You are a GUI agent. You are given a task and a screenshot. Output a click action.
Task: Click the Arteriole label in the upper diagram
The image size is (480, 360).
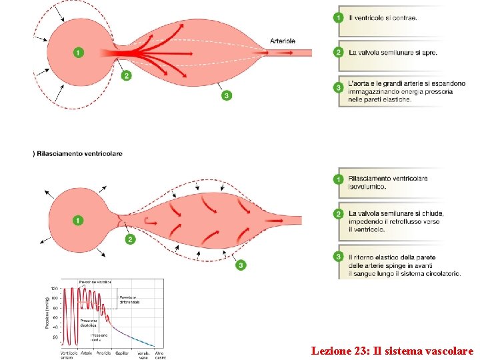(282, 41)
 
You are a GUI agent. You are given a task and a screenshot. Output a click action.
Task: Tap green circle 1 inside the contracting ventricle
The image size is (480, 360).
(79, 52)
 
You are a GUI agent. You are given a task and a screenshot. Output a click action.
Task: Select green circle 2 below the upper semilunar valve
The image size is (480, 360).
(126, 76)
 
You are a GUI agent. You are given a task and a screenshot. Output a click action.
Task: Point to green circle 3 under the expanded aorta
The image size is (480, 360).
(227, 95)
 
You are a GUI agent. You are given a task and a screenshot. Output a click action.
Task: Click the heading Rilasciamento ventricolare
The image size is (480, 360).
(79, 154)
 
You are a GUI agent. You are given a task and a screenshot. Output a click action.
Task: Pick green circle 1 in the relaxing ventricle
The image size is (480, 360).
(79, 220)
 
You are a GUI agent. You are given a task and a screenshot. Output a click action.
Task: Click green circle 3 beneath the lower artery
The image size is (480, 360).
(241, 265)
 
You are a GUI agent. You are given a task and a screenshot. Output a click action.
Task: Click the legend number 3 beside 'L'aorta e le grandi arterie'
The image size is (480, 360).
(339, 86)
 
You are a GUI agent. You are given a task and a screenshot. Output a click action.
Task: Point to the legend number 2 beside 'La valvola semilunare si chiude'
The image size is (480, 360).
(339, 213)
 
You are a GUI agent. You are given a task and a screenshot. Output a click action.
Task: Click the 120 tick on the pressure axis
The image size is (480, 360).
(54, 289)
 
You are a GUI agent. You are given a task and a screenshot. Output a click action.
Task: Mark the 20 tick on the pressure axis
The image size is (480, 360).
(55, 337)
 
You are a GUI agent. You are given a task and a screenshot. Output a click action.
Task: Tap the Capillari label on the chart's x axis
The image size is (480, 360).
(122, 352)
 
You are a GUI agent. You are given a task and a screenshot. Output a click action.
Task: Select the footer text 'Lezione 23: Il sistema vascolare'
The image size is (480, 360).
(392, 350)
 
